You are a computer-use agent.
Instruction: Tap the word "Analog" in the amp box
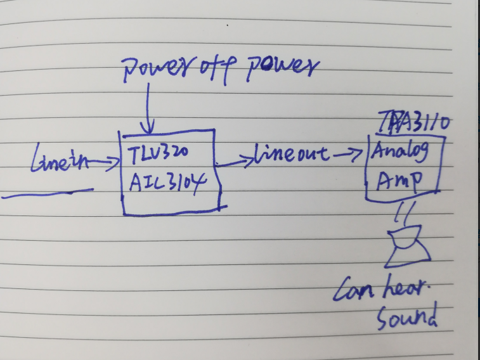click(x=399, y=153)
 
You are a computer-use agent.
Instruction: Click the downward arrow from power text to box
click(x=148, y=108)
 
